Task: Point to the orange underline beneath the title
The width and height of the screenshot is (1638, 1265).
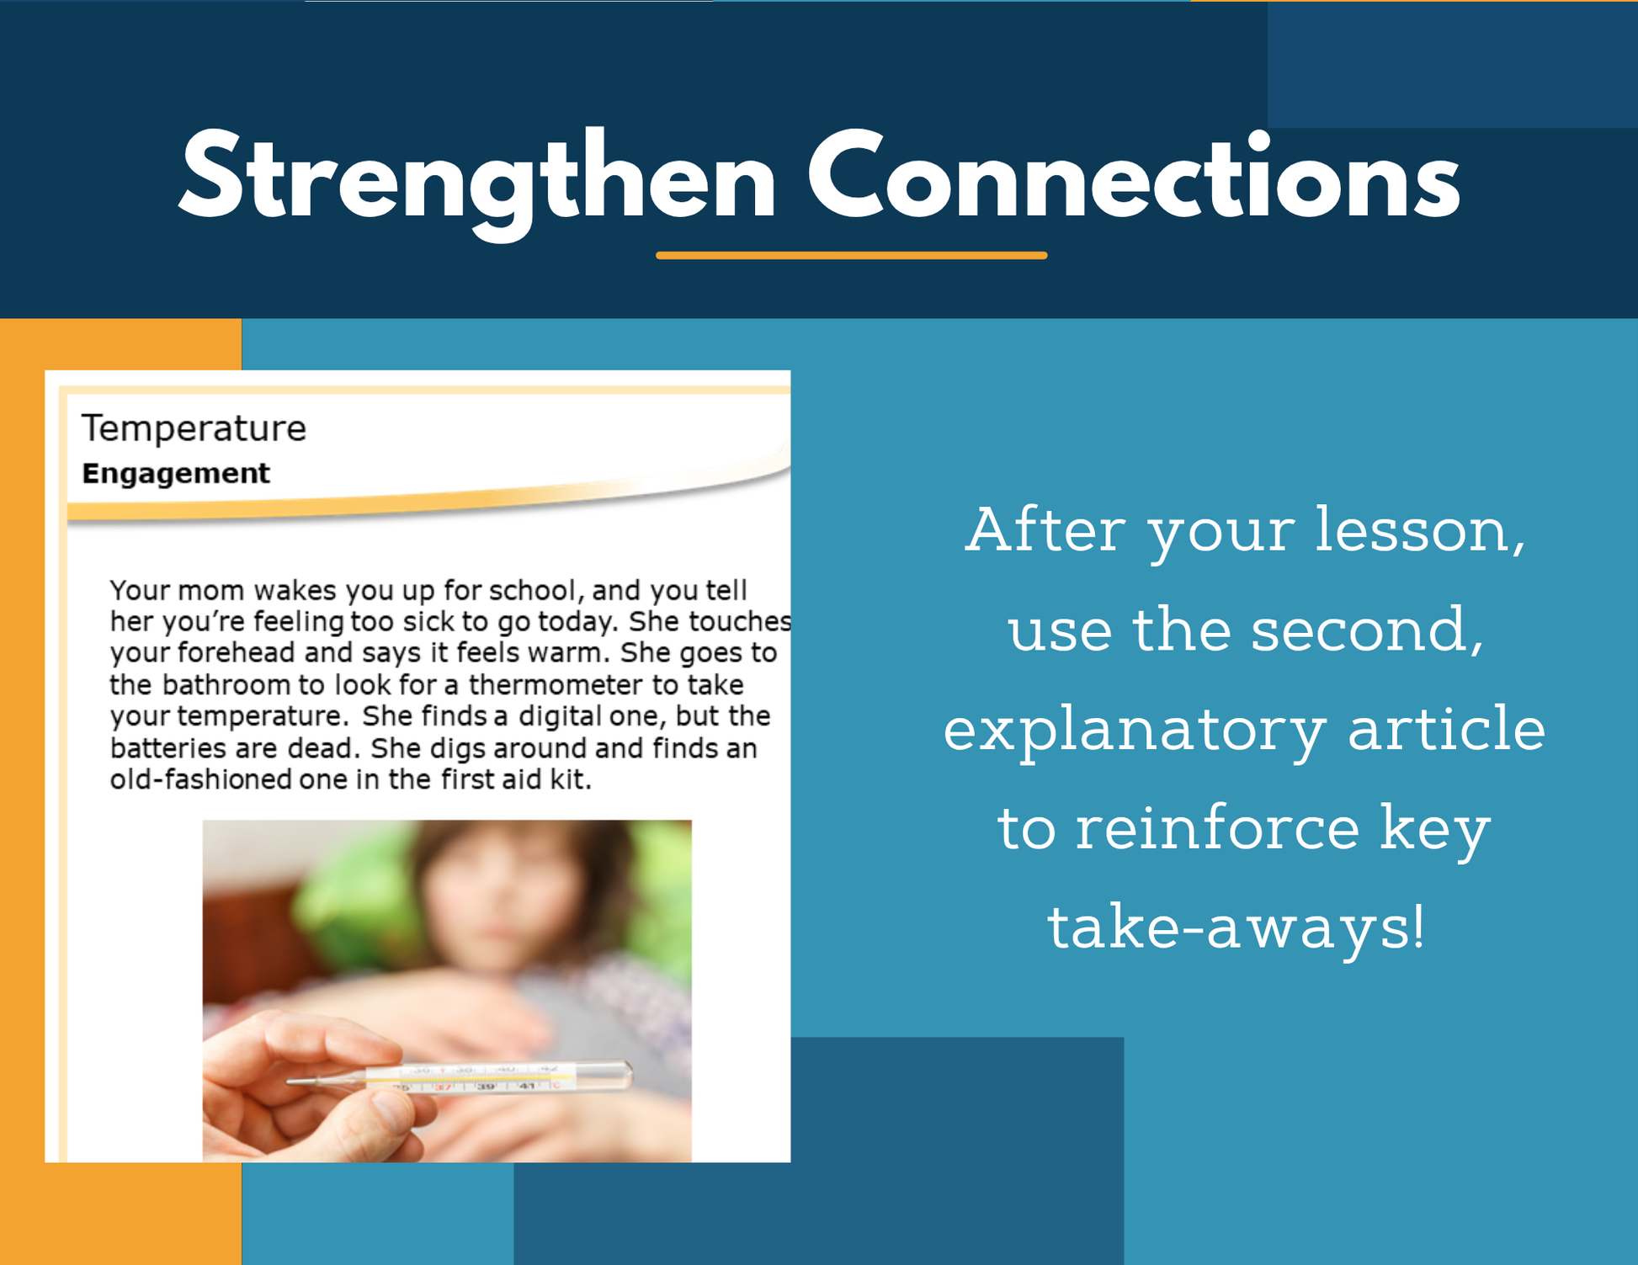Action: pos(851,255)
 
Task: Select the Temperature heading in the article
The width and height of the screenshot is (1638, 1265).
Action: pos(194,428)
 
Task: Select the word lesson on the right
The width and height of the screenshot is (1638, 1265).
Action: pos(1421,531)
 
